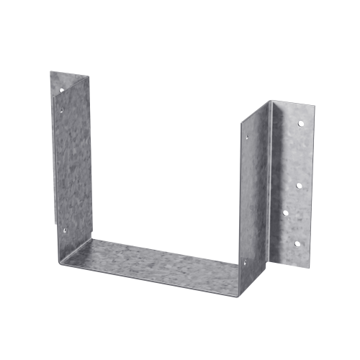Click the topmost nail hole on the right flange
[301, 124]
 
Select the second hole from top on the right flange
[298, 185]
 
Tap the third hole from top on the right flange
[285, 213]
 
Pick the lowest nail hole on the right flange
[297, 244]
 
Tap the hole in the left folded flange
[62, 89]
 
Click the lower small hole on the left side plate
[64, 231]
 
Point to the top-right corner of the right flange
[315, 106]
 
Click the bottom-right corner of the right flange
[310, 264]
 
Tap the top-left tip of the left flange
[50, 71]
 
